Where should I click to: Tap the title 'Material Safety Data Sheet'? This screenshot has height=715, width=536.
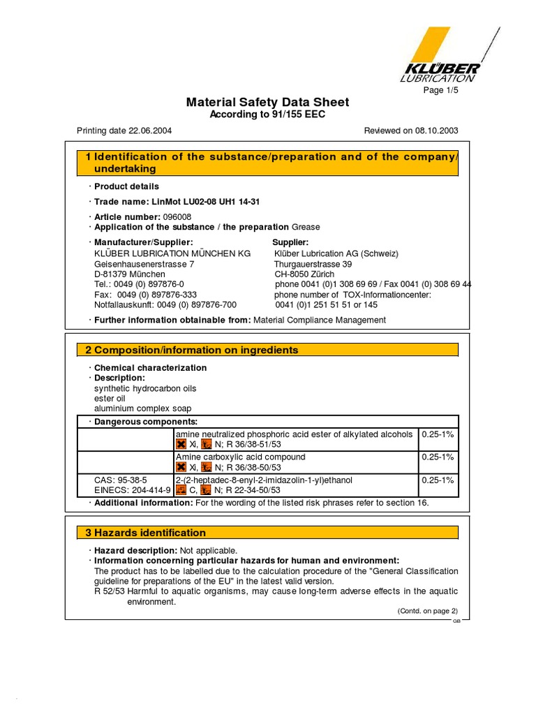[x=267, y=103]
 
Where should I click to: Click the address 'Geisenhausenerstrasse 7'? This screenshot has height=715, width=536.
[x=144, y=265]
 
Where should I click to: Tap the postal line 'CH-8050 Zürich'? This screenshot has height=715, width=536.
[x=304, y=274]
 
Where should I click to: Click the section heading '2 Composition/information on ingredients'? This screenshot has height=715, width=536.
[x=192, y=350]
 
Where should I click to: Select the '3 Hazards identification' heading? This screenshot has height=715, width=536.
[x=146, y=533]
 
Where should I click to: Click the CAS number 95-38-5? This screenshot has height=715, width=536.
[x=121, y=480]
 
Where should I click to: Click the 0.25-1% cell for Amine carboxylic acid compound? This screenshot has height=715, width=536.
[x=438, y=457]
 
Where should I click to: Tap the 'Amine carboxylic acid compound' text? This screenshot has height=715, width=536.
[x=240, y=457]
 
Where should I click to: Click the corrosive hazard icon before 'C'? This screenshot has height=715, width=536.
[x=181, y=490]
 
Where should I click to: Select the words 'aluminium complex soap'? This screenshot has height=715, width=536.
[x=142, y=408]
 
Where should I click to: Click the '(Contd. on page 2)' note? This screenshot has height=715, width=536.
[x=427, y=610]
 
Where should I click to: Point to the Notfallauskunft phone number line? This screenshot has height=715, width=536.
[x=165, y=304]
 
